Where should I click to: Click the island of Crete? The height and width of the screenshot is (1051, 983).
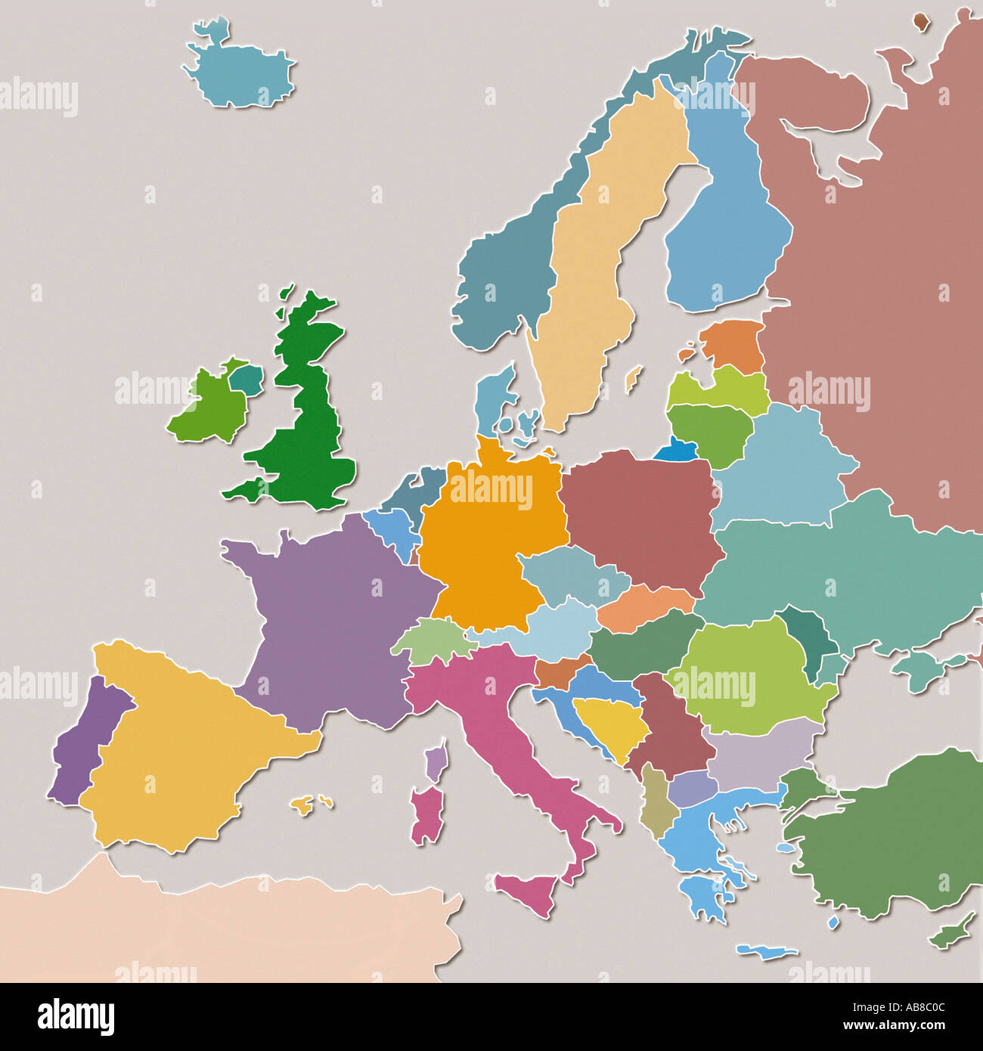(x=766, y=951)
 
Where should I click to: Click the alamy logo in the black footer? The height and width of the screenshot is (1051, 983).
(x=76, y=1017)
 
